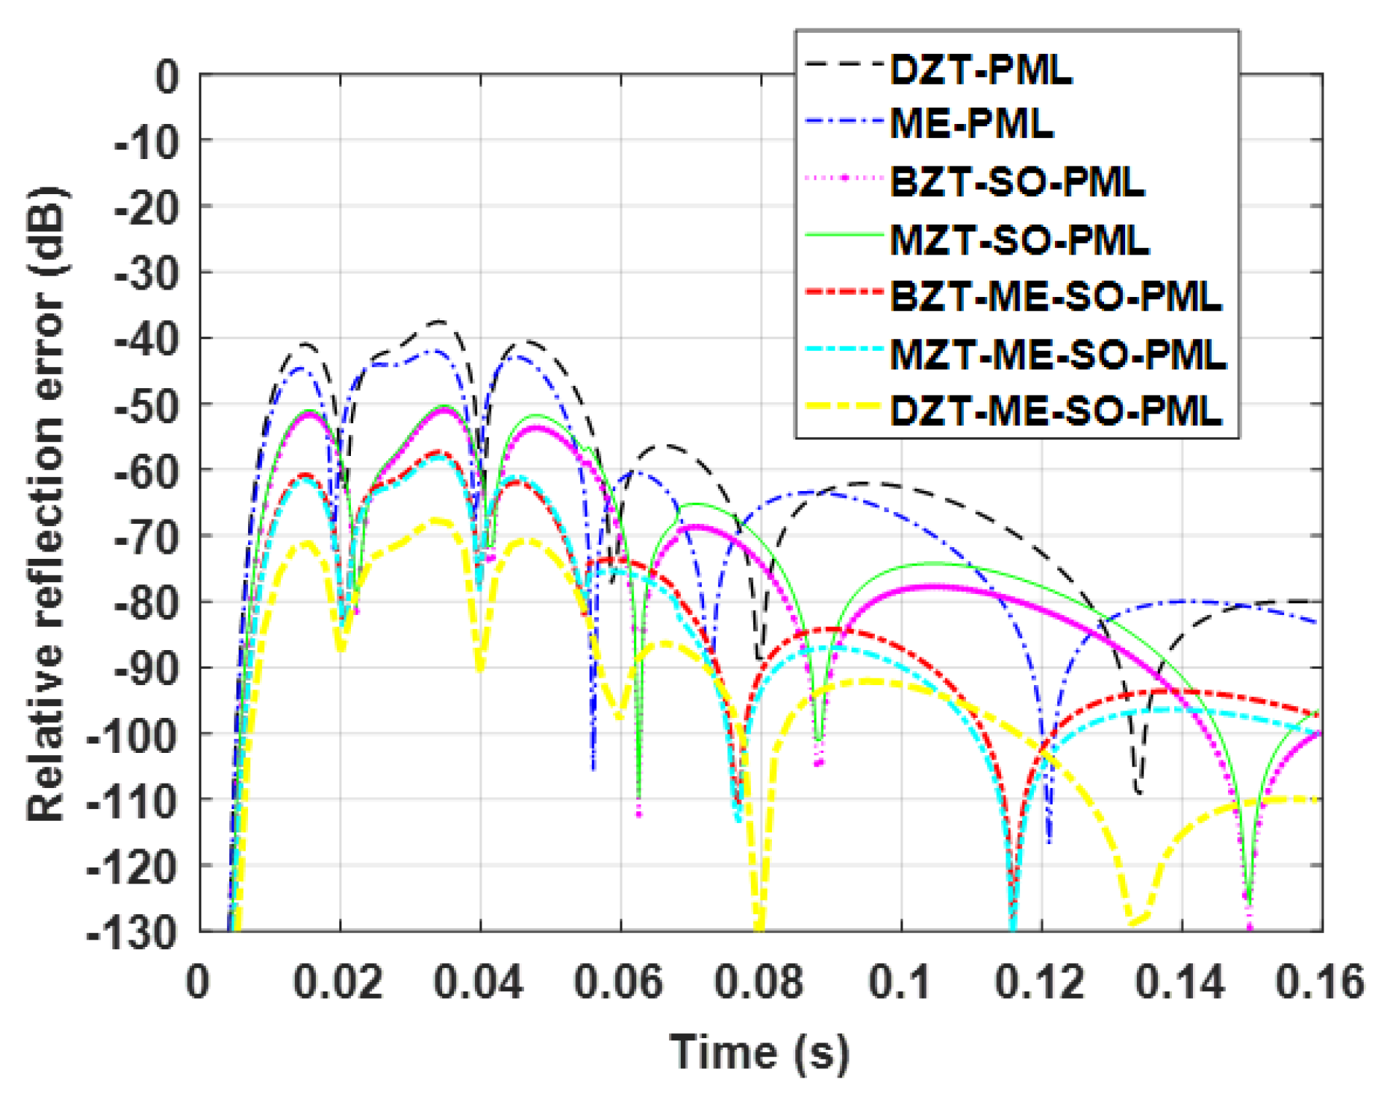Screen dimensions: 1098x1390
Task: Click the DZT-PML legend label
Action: (x=981, y=70)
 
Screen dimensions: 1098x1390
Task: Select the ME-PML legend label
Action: (x=971, y=123)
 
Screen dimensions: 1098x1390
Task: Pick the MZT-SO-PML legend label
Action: (x=1019, y=239)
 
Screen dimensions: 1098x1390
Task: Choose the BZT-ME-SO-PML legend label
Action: (x=1056, y=296)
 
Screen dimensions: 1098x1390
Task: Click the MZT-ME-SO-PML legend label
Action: (x=1058, y=355)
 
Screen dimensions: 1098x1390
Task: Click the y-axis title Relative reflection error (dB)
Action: (x=47, y=503)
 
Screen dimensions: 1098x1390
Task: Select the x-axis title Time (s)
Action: (x=760, y=1053)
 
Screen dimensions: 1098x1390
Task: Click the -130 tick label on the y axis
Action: (x=133, y=932)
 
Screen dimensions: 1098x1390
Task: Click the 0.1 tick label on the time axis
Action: (x=900, y=982)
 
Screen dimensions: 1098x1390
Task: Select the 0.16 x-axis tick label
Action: (x=1319, y=982)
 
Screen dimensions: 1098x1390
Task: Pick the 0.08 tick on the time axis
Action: (x=759, y=982)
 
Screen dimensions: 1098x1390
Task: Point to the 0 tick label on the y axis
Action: (x=167, y=76)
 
